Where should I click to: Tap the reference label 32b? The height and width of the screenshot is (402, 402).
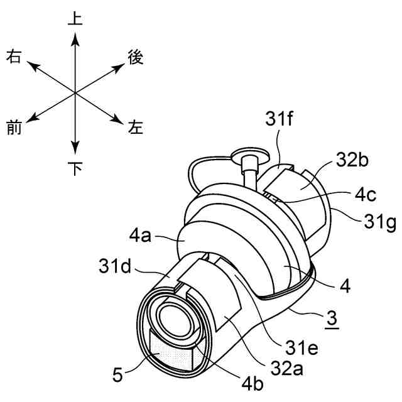point(352,160)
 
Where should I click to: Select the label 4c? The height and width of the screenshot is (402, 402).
point(366,195)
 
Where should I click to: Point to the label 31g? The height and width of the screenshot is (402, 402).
point(380,222)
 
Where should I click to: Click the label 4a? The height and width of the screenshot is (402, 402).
point(140,236)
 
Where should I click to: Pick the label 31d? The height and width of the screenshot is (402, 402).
point(115,266)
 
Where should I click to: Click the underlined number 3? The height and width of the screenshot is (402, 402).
point(332,318)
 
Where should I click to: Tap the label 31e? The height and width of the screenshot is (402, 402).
point(302,347)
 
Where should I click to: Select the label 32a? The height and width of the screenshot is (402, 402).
point(287,369)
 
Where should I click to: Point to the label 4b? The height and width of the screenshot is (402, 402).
point(253,384)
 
